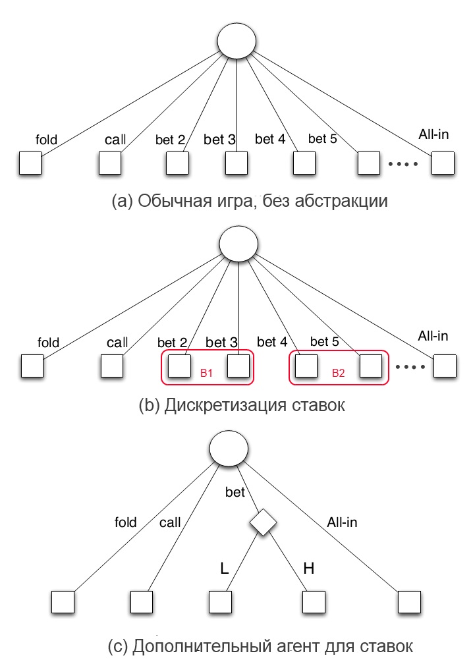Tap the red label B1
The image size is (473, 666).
(x=206, y=373)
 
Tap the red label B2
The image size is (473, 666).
(x=338, y=373)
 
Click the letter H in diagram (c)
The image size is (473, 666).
(x=308, y=567)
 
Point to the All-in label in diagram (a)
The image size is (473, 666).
(x=433, y=134)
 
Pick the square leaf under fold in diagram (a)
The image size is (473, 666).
(x=30, y=163)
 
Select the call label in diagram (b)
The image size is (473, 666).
(x=117, y=343)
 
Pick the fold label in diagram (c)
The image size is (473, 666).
(x=125, y=522)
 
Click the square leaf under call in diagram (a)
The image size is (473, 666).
(x=111, y=163)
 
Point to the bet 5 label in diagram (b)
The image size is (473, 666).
(x=324, y=342)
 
